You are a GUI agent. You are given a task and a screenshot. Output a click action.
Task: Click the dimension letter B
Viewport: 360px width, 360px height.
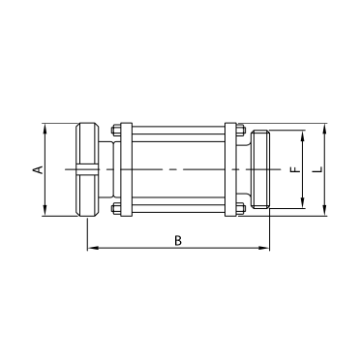pyautogui.click(x=177, y=240)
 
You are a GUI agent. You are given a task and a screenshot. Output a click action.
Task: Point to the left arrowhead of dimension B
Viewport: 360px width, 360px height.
pyautogui.click(x=91, y=249)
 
